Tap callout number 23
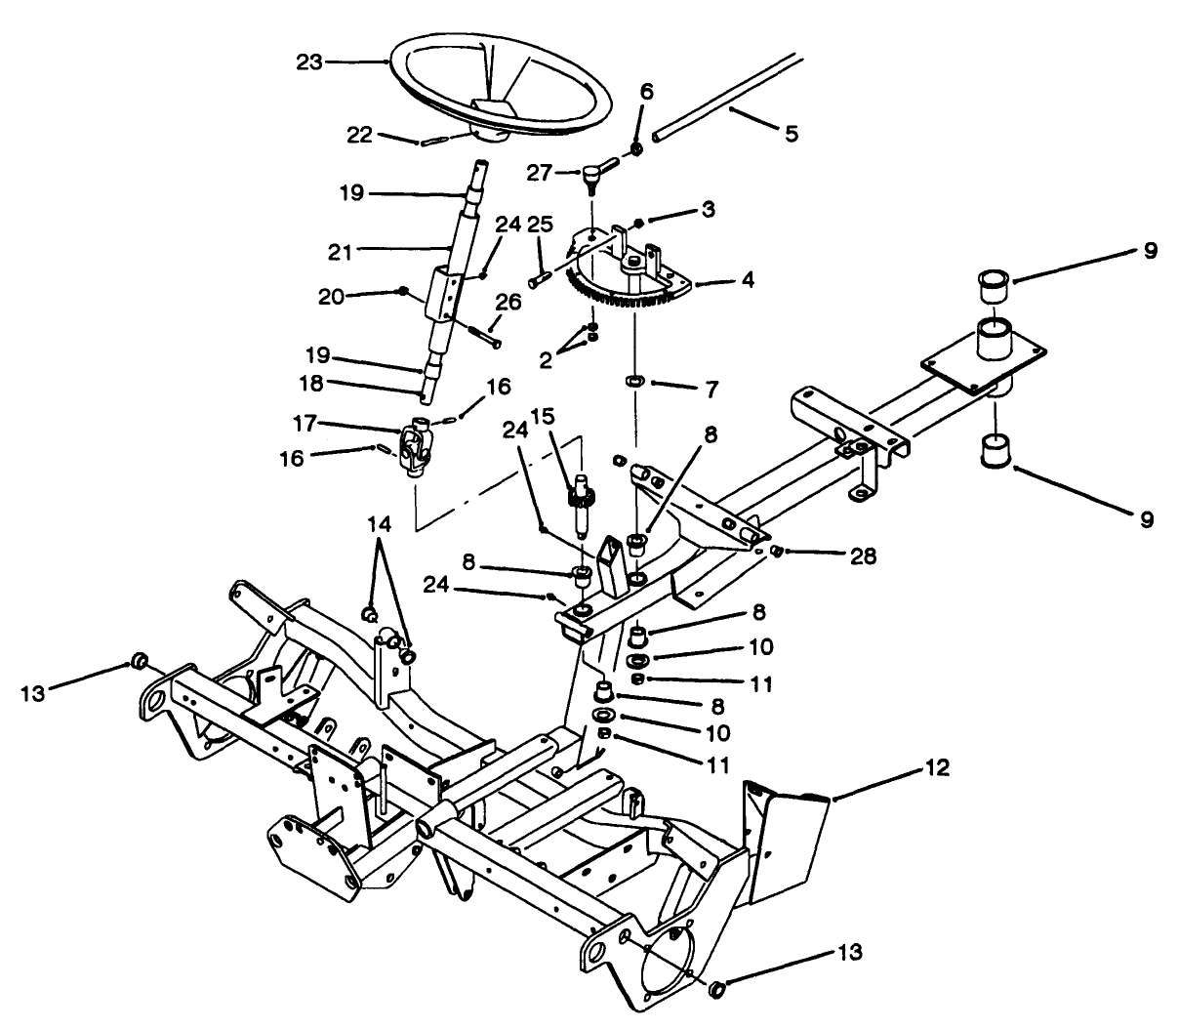[x=308, y=62]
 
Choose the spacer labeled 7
[x=633, y=379]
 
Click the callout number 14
[x=380, y=524]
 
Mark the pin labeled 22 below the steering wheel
[x=433, y=143]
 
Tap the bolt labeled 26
[x=484, y=335]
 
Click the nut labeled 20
[x=402, y=290]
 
